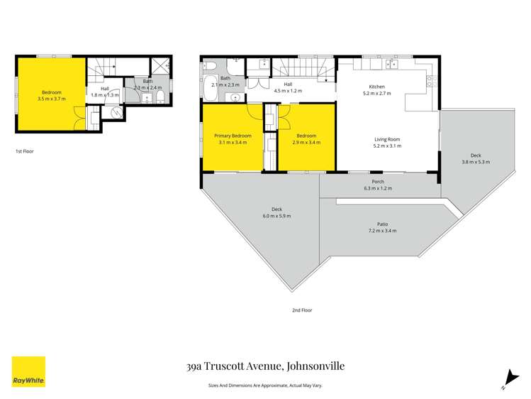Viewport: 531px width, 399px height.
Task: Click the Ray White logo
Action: (x=28, y=371)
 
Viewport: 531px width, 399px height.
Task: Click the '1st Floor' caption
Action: (x=24, y=151)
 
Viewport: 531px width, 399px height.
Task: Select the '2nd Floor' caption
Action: (x=301, y=310)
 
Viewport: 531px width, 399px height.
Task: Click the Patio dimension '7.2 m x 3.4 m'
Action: (x=382, y=231)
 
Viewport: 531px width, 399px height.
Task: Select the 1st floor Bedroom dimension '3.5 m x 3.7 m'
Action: (x=51, y=99)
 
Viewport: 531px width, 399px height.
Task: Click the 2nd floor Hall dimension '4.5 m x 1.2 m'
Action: (x=288, y=91)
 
